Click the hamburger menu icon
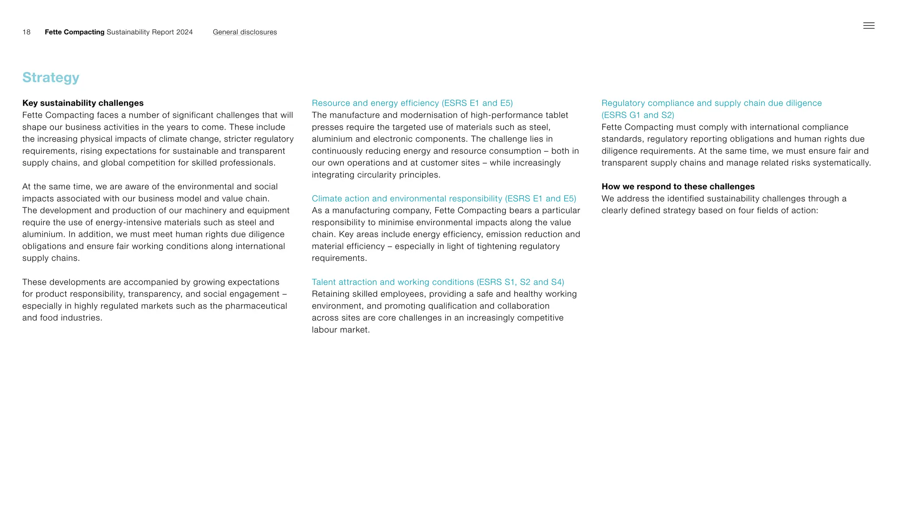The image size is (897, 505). (869, 26)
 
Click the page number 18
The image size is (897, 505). (26, 32)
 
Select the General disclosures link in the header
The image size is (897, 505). (244, 32)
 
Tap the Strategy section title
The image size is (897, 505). (51, 78)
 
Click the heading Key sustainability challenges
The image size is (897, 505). (83, 103)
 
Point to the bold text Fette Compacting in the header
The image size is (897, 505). (74, 32)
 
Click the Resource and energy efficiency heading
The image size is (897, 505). (412, 103)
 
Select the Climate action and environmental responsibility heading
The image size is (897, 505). (443, 199)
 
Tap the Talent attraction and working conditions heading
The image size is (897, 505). (438, 282)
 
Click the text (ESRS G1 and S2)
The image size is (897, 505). (637, 115)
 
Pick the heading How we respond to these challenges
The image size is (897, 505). (678, 187)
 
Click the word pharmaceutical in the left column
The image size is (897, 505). (256, 306)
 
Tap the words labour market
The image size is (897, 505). (340, 330)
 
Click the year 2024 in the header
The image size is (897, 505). (184, 32)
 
